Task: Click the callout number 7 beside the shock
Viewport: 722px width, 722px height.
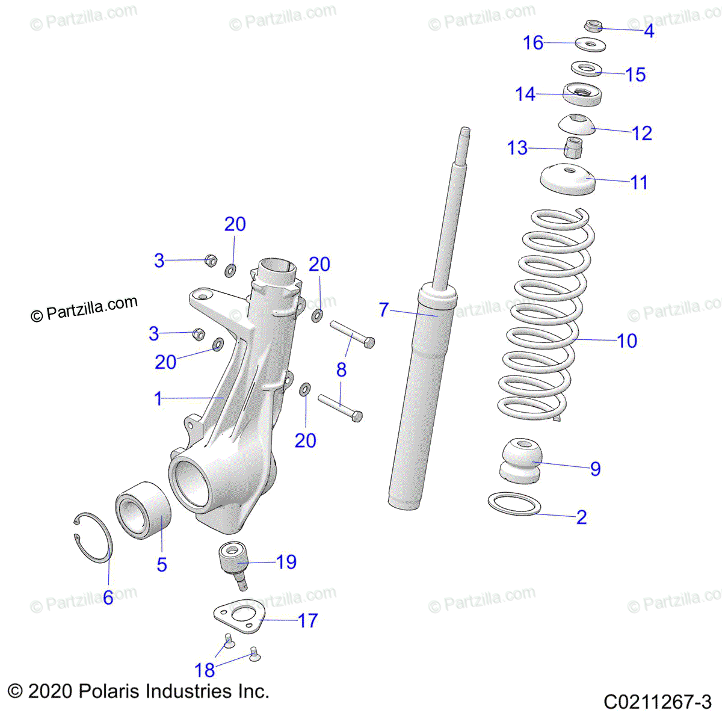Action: click(384, 309)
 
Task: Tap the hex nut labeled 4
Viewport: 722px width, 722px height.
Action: click(593, 26)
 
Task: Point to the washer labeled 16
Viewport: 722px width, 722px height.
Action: click(590, 44)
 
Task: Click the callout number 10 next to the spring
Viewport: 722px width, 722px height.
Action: click(627, 341)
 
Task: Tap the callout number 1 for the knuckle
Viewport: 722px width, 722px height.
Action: click(158, 398)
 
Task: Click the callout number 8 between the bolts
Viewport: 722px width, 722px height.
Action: click(341, 369)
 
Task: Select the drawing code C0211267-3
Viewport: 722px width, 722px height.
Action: click(658, 702)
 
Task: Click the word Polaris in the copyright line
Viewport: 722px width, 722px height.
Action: click(110, 691)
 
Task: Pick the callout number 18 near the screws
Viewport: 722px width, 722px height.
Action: click(205, 670)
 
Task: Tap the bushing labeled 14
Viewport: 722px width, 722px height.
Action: click(582, 94)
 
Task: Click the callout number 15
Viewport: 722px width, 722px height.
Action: click(635, 75)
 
